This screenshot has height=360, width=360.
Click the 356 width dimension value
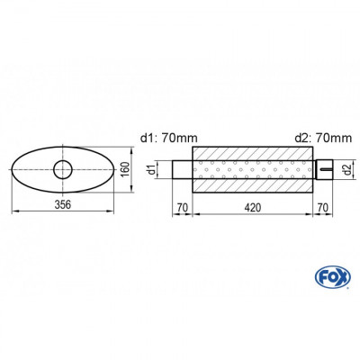click(x=63, y=203)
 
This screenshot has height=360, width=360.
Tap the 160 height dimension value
click(x=128, y=169)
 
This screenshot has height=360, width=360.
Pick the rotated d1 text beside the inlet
click(x=154, y=168)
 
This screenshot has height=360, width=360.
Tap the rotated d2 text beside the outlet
click(x=348, y=168)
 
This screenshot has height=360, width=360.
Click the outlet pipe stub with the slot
click(x=324, y=168)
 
